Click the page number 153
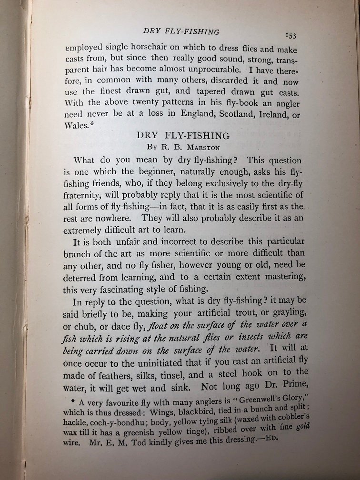pos(290,36)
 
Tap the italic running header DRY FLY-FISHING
pos(181,32)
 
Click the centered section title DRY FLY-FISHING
pos(183,136)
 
